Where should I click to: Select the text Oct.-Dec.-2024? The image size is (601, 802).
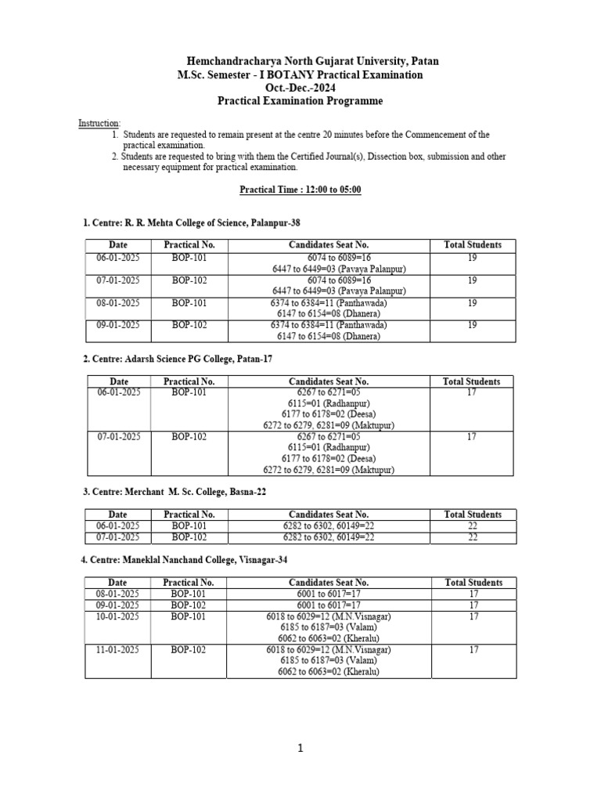300,88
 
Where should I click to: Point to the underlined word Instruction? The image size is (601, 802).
99,124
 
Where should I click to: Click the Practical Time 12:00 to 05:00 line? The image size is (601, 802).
300,190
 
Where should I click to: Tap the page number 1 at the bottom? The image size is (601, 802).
300,749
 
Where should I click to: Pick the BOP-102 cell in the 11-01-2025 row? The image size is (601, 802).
189,649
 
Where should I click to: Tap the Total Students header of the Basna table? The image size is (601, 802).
472,515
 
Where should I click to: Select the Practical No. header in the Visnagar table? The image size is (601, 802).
189,583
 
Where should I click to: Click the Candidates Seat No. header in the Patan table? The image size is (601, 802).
329,381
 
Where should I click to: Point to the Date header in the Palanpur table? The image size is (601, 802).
118,244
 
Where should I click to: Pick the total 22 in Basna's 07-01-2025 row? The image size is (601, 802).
472,537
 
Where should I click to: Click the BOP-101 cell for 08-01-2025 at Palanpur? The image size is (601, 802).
189,302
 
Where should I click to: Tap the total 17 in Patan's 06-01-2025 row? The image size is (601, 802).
472,392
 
